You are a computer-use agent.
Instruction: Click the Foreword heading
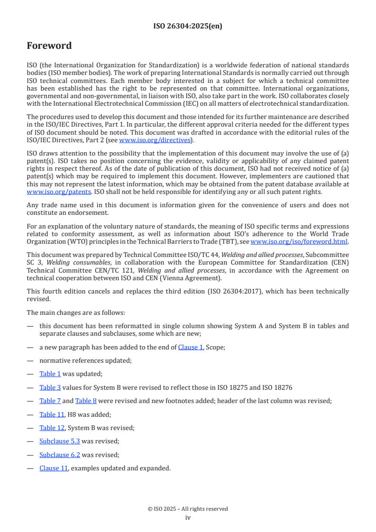(49, 46)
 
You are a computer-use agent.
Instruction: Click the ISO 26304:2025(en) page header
(188, 27)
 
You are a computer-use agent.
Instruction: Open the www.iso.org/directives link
(155, 140)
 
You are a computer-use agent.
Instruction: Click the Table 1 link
(50, 374)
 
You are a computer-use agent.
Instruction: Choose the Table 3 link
(50, 387)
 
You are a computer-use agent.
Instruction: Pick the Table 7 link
(50, 401)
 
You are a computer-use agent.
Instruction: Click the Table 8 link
(86, 401)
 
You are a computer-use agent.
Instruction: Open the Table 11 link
(52, 414)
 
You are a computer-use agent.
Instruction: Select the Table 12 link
(52, 428)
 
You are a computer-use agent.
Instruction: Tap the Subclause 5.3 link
(60, 441)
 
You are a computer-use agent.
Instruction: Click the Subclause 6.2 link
(60, 455)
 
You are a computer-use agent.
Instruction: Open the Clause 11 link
(54, 468)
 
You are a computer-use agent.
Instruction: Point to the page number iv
(188, 517)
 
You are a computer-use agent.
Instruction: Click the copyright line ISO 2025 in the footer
(188, 509)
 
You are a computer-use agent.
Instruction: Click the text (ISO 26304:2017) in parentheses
(222, 291)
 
